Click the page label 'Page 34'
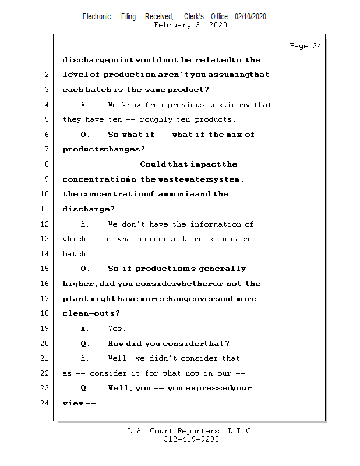pos(305,46)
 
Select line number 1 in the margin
pos(46,60)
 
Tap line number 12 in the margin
pos(45,224)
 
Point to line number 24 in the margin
pos(45,403)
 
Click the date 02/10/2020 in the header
pos(250,17)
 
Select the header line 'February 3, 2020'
pos(190,25)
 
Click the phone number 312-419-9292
pos(192,440)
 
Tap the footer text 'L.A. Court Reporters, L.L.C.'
pos(190,432)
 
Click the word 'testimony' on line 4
pos(228,105)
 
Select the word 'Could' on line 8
pos(153,164)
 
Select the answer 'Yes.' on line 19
pos(117,329)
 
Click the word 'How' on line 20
pos(115,344)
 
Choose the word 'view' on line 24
pos(73,403)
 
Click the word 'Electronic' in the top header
pos(97,17)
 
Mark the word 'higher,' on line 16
pos(79,284)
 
